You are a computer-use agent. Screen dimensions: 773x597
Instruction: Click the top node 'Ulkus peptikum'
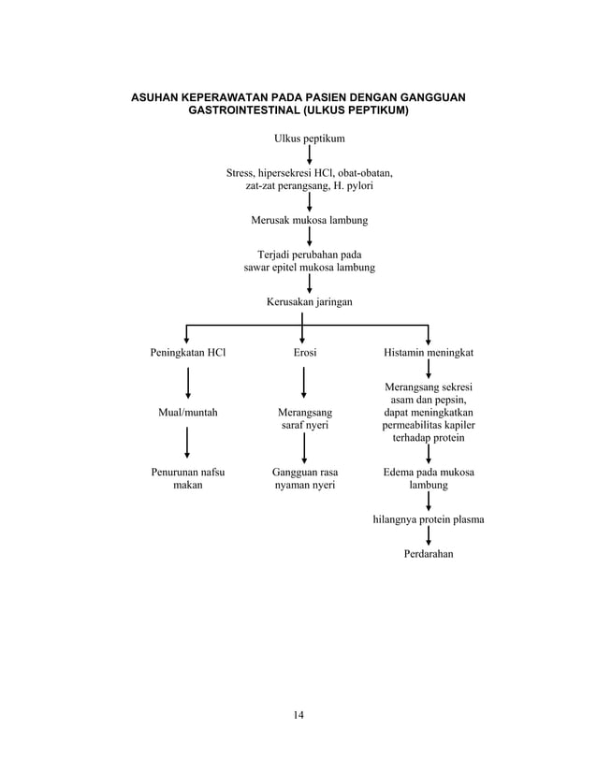coord(309,139)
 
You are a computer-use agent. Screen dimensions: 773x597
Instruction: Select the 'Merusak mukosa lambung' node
coord(309,220)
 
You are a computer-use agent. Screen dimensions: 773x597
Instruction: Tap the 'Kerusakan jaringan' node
coord(309,301)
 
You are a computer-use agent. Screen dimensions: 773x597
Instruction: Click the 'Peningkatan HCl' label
coord(188,353)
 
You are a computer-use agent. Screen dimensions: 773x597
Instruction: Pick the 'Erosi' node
coord(303,353)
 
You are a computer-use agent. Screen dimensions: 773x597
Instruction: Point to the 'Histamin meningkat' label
coord(429,353)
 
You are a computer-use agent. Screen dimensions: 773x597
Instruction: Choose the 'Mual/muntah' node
coord(187,412)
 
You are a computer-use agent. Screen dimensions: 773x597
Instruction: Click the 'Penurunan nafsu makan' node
coord(188,478)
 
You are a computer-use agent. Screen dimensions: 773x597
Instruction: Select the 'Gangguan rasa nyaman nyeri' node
coord(304,478)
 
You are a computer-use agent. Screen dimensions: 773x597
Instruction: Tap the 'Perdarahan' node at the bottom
coord(429,554)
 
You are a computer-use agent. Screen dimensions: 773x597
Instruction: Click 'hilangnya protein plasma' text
coord(429,518)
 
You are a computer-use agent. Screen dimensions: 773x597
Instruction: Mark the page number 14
coord(298,716)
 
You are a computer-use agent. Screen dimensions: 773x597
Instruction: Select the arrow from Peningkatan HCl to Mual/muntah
coord(188,383)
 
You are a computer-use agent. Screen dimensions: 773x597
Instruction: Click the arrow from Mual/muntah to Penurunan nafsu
coord(188,443)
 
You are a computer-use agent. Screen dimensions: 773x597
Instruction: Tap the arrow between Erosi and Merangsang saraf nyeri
coord(303,383)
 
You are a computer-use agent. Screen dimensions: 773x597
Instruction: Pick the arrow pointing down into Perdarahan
coord(429,536)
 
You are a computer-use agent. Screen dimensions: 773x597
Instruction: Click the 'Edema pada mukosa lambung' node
coord(429,478)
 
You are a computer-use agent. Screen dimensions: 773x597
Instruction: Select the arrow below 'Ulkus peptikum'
coord(309,156)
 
